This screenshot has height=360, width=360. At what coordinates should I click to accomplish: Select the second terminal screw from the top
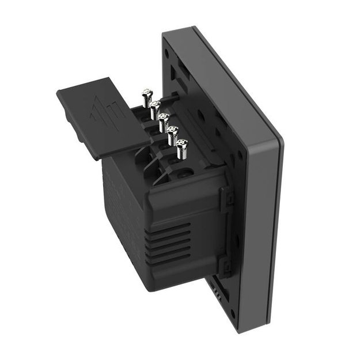coord(154,106)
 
